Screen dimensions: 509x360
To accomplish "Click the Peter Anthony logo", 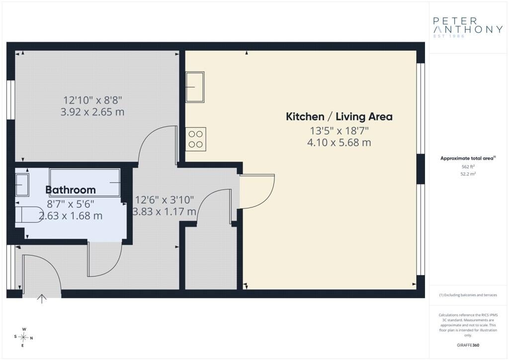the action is coord(468,27).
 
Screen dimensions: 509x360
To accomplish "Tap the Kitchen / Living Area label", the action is coord(339,116).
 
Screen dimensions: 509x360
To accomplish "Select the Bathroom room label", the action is coord(71,190).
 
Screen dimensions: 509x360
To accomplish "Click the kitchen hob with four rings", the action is coord(195,139).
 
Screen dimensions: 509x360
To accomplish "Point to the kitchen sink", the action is coord(195,87).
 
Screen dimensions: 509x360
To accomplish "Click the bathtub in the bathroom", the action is coord(85,182).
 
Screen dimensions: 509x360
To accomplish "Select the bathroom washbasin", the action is coord(22,184).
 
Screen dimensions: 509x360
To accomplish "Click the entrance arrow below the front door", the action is coord(42,299).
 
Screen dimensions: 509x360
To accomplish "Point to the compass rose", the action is coord(23,338).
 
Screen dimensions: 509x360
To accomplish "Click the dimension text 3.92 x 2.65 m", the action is coord(92,112).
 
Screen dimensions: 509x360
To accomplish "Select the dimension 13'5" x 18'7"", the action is coord(339,131).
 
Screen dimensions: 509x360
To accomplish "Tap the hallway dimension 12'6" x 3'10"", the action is coord(165,199).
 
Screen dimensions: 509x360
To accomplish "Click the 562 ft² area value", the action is coord(468,167).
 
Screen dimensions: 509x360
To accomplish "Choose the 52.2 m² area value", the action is coord(468,174).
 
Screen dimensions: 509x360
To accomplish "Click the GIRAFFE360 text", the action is coord(468,345).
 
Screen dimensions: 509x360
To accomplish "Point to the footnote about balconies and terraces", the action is coord(468,295).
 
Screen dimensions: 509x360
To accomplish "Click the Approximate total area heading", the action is coord(468,159).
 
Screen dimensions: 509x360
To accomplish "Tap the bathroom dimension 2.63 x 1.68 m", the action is coord(71,216).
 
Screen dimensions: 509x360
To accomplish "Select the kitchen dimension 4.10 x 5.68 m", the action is coord(339,143).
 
